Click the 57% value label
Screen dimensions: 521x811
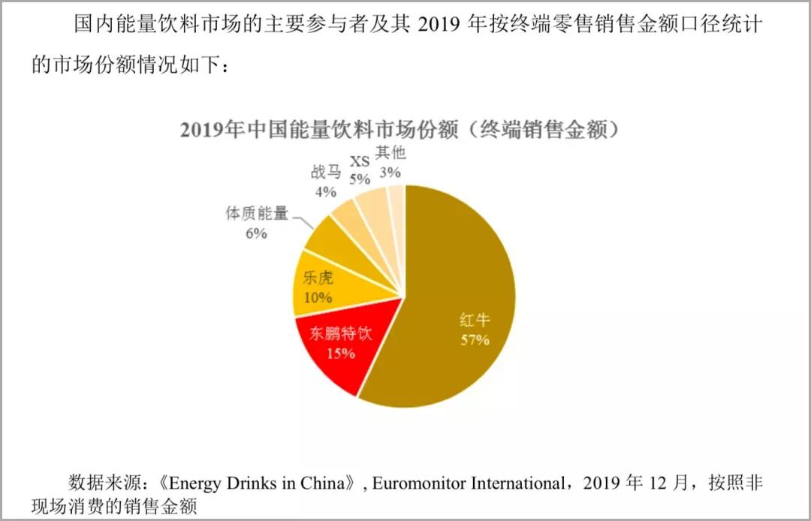tap(475, 340)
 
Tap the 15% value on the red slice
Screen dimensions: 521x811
tap(341, 352)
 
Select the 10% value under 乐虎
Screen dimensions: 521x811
tap(318, 297)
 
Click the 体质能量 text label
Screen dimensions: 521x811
tap(257, 214)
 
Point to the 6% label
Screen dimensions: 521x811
tap(256, 233)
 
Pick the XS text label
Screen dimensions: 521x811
tap(360, 161)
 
